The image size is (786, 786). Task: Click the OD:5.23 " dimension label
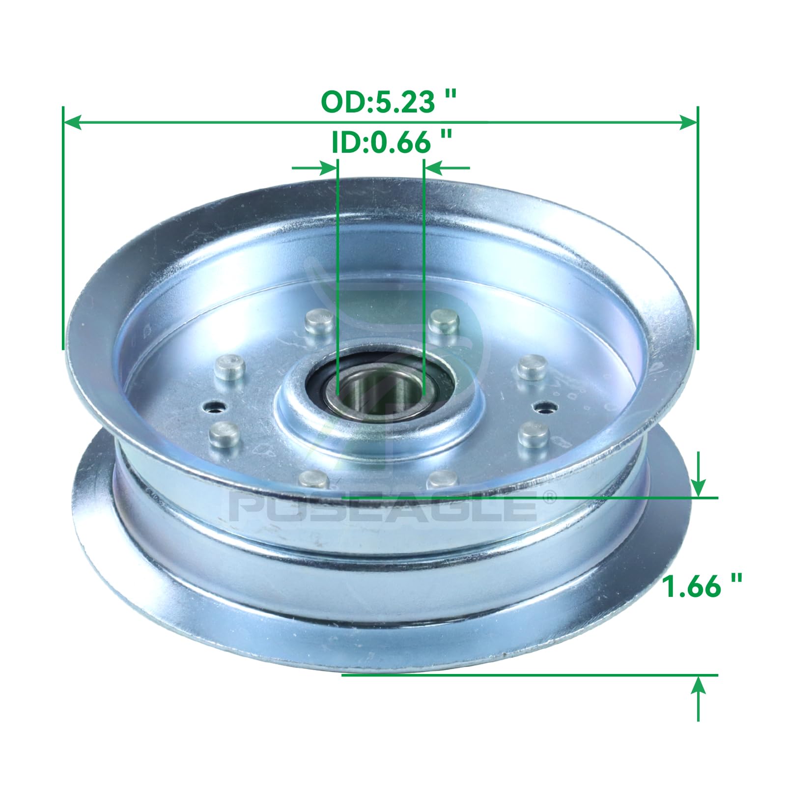click(389, 102)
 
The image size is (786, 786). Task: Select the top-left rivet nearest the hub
click(319, 321)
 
